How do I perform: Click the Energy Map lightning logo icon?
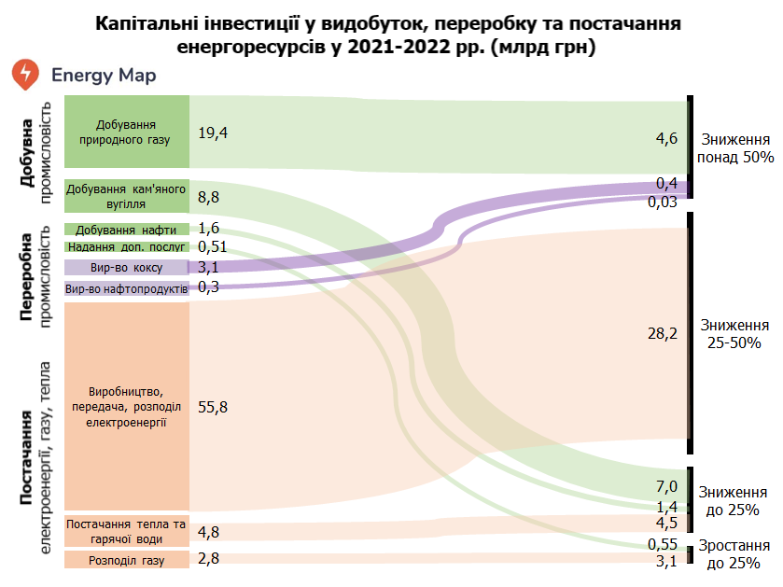(25, 75)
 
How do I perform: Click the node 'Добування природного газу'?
(127, 132)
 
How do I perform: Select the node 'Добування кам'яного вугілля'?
(127, 196)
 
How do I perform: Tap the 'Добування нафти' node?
(127, 230)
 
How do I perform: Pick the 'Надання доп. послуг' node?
(127, 247)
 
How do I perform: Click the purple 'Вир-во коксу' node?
(127, 268)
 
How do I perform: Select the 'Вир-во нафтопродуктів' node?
(127, 289)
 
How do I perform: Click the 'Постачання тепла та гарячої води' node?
(127, 531)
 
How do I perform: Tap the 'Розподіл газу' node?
(127, 560)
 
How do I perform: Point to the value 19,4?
(213, 133)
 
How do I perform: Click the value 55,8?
(213, 407)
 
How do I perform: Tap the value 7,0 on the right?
(665, 486)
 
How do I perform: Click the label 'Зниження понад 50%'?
(734, 148)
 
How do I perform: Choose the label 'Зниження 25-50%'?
(734, 334)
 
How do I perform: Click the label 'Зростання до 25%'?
(734, 555)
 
